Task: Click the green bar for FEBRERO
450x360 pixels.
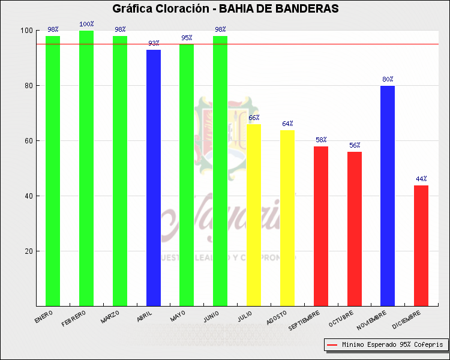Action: (x=86, y=168)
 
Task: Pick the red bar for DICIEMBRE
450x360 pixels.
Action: (x=421, y=245)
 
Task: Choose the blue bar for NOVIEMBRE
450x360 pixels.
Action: (x=388, y=196)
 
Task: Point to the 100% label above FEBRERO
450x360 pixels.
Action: (x=86, y=24)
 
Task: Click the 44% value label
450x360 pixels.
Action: (x=421, y=179)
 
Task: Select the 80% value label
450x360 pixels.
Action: (x=388, y=79)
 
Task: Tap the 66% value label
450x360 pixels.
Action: (x=254, y=118)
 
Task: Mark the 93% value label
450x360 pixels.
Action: (x=154, y=43)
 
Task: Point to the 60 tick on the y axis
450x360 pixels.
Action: (x=28, y=141)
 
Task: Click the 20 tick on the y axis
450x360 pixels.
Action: (x=28, y=251)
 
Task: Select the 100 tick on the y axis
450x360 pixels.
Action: (x=26, y=31)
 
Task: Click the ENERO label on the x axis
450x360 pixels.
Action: (x=44, y=316)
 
